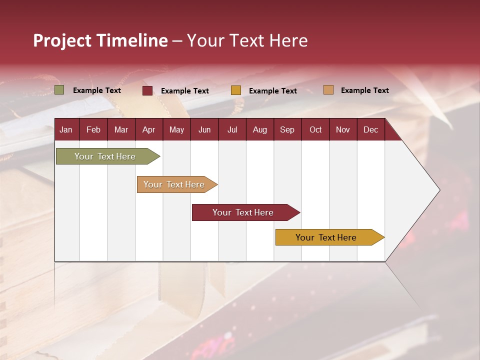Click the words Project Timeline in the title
point(100,40)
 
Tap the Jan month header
point(66,130)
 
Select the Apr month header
point(148,130)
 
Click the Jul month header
point(232,130)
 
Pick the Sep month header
point(287,130)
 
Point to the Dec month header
point(370,130)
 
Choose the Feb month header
point(93,130)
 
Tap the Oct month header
point(315,130)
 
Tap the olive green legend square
point(59,90)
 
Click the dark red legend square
point(147,90)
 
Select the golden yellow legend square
point(236,90)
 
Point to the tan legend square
point(328,90)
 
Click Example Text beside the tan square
point(364,90)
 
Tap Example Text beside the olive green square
point(97,90)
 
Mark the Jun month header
point(204,130)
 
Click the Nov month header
point(343,130)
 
